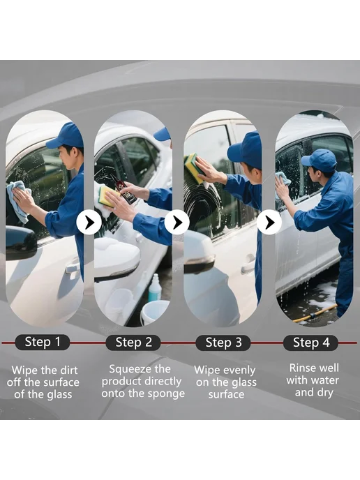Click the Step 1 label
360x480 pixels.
pos(43,343)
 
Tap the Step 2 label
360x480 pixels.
pos(133,343)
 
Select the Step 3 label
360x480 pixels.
pos(223,343)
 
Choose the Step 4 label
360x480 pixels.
pos(310,343)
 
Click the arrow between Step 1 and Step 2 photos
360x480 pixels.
pos(89,223)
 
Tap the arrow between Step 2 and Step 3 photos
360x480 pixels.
pos(177,223)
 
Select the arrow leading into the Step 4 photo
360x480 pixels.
pos(269,223)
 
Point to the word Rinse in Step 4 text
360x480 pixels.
pos(301,368)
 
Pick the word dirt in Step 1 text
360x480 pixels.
pos(69,370)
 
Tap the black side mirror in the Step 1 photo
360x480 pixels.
pos(21,243)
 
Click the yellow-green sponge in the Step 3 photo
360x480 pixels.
pos(195,167)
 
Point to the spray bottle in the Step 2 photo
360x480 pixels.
pos(155,287)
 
